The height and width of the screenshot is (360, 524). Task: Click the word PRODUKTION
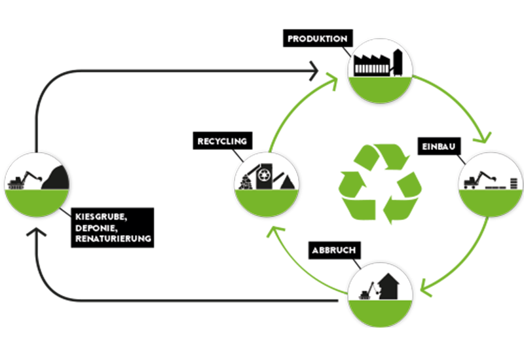pos(317,39)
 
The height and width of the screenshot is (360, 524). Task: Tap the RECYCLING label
pos(221,141)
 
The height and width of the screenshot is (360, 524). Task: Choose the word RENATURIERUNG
pos(113,239)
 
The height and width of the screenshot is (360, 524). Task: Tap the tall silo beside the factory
pos(398,63)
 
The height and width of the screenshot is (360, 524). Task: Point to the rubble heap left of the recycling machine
pos(246,182)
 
